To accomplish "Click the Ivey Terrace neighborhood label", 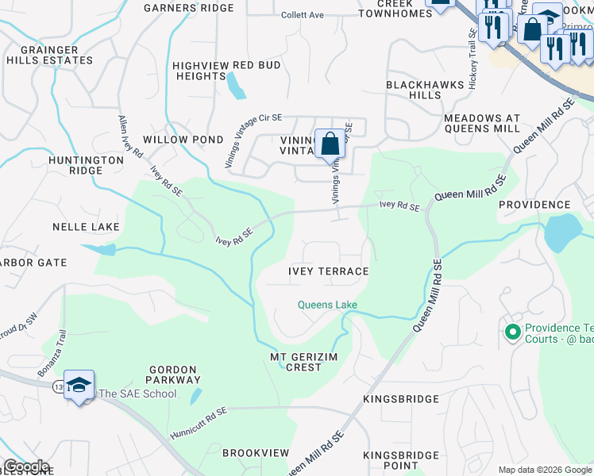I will (328, 271).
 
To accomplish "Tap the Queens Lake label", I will (327, 305).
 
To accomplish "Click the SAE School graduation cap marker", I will (79, 386).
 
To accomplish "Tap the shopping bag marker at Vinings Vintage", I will (330, 145).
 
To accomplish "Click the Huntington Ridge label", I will (86, 165).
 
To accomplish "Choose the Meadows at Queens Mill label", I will (481, 123).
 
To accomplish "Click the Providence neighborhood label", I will (534, 205).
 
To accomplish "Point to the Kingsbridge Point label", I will (401, 460).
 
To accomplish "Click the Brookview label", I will (256, 452).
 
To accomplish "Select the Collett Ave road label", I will (303, 15).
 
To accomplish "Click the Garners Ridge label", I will (188, 8).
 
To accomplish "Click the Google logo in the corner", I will (25, 466).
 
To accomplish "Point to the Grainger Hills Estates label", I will (50, 55).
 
